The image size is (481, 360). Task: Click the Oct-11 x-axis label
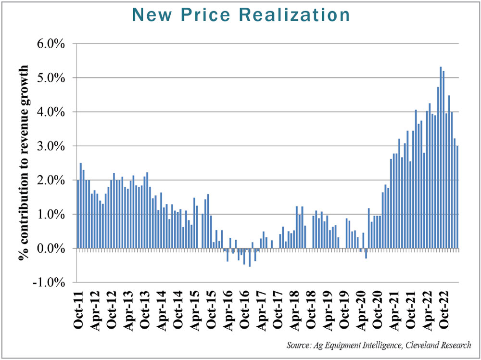click(x=79, y=310)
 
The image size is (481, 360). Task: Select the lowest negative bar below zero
click(x=250, y=257)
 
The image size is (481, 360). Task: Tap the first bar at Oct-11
click(x=78, y=214)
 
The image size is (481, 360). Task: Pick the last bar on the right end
click(x=457, y=197)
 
